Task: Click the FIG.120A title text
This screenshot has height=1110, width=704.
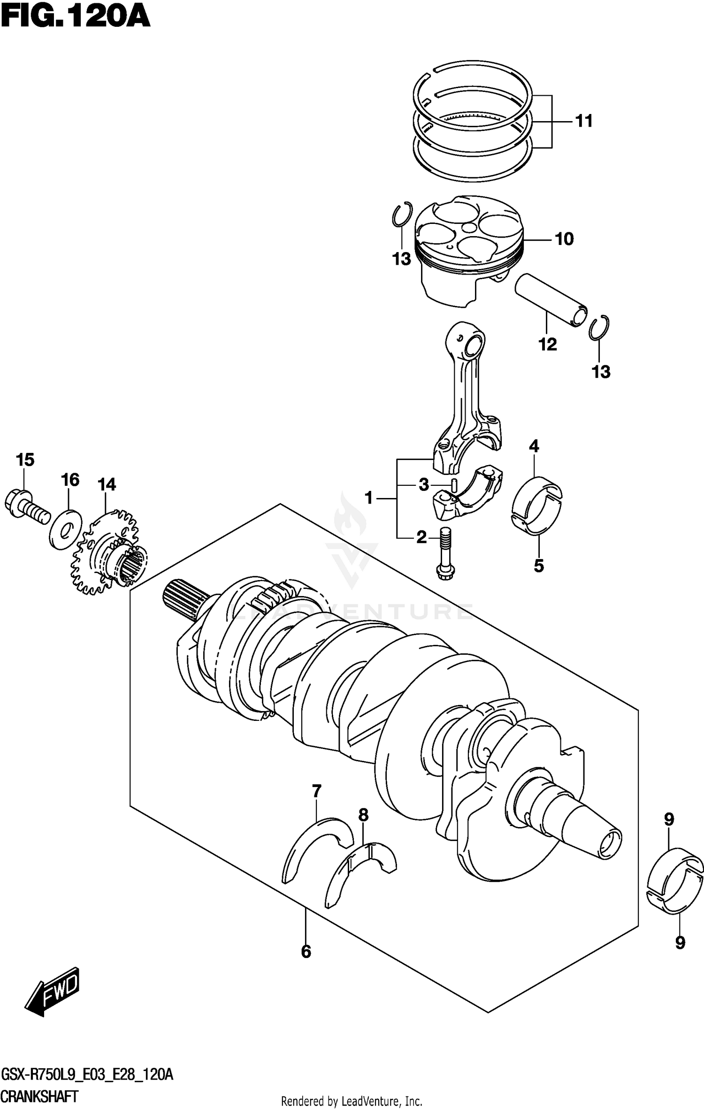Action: (x=75, y=17)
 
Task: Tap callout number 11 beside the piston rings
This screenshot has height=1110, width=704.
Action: (x=584, y=121)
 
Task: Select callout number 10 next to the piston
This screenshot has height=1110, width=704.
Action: (x=564, y=239)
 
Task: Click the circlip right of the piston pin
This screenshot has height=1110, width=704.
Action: (x=599, y=328)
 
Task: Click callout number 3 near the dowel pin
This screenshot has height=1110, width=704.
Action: (x=424, y=484)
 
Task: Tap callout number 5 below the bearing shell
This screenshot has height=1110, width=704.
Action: (x=539, y=566)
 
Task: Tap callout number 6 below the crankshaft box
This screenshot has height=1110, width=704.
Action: (x=306, y=951)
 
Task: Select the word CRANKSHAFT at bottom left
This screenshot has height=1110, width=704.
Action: (x=39, y=1097)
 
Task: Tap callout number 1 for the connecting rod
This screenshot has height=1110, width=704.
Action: (x=369, y=498)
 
